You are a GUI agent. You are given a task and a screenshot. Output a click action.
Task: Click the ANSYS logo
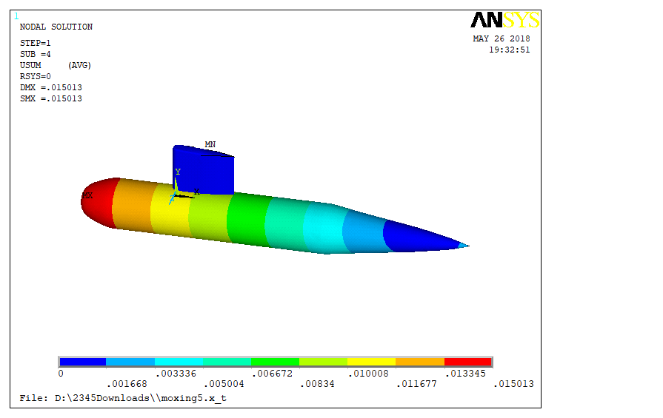[x=505, y=20]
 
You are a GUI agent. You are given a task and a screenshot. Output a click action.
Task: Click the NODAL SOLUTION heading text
[x=56, y=27]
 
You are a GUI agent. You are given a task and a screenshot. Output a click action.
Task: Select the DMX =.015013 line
[x=51, y=87]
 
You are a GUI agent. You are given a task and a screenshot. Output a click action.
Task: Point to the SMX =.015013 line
[x=51, y=98]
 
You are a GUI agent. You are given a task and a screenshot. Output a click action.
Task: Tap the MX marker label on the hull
[x=87, y=195]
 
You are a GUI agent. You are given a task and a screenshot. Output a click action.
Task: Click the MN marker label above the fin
[x=210, y=144]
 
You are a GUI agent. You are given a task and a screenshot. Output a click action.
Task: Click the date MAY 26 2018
[x=502, y=38]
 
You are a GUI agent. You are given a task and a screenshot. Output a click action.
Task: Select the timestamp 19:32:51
[x=510, y=50]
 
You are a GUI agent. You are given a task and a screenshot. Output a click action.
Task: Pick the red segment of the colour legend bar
[x=468, y=362]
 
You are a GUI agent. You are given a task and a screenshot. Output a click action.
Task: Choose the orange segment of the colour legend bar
[x=420, y=362]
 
